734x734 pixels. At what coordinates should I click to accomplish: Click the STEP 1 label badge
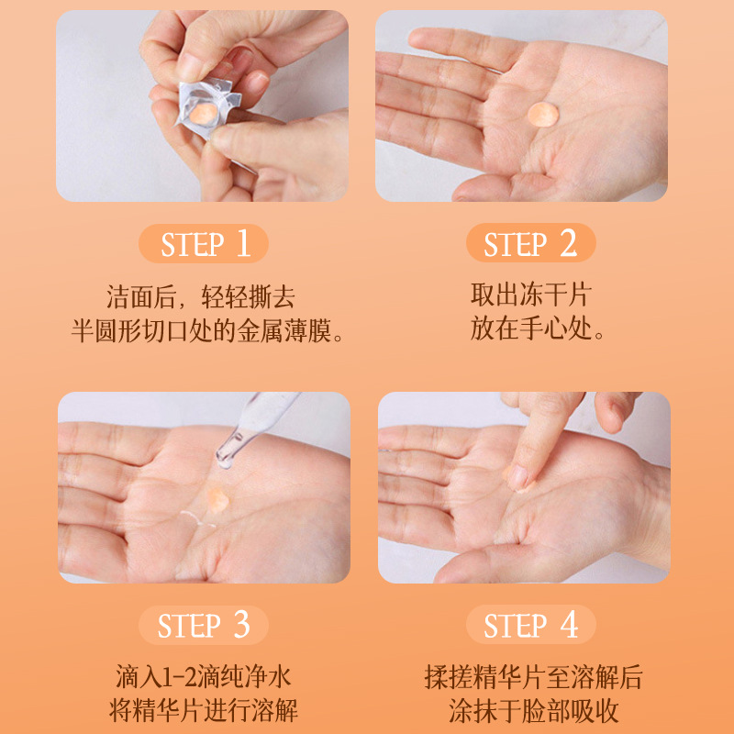(x=204, y=244)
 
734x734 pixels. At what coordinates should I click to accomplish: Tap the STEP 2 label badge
(x=530, y=244)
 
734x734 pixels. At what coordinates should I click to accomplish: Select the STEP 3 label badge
(x=204, y=626)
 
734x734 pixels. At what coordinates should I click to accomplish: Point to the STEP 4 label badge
(x=530, y=626)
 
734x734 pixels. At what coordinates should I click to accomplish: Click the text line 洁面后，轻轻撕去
(x=203, y=297)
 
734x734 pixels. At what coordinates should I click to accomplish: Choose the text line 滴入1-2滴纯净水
(x=204, y=679)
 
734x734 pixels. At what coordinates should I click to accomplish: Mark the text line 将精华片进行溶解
(x=204, y=711)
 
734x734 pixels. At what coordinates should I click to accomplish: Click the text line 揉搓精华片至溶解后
(x=533, y=678)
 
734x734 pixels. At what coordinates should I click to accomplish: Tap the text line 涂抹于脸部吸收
(x=533, y=711)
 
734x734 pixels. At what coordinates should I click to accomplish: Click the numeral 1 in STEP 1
(x=243, y=243)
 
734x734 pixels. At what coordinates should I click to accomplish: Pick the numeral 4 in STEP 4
(x=569, y=626)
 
